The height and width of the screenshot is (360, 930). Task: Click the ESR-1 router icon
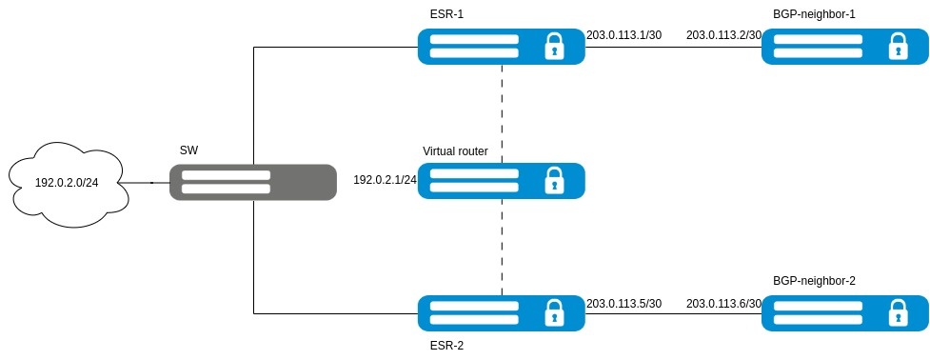[502, 47]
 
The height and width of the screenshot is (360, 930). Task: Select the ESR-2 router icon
[502, 313]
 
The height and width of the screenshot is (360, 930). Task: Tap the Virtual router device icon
[502, 181]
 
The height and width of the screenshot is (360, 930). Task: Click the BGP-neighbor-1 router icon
[845, 47]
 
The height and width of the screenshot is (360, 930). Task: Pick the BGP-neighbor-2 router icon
[845, 313]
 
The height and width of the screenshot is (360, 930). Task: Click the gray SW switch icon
[253, 182]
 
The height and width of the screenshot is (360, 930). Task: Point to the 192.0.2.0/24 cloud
[67, 182]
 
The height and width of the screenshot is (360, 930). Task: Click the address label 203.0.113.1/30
[623, 35]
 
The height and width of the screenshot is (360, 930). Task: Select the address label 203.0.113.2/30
[723, 35]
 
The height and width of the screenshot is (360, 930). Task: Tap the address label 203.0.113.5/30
[623, 304]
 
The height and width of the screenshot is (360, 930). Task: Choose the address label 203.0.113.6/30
[723, 304]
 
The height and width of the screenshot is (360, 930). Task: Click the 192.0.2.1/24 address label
[386, 179]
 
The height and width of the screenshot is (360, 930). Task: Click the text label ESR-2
[445, 346]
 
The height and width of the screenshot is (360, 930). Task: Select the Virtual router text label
[456, 151]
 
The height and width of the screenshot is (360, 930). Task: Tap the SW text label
[189, 150]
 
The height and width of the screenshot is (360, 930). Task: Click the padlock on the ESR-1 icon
[554, 47]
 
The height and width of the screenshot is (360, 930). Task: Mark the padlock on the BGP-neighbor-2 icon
[898, 313]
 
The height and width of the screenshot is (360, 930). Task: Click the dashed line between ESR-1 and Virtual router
[503, 114]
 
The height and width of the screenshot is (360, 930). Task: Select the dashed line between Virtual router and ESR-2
[503, 248]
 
